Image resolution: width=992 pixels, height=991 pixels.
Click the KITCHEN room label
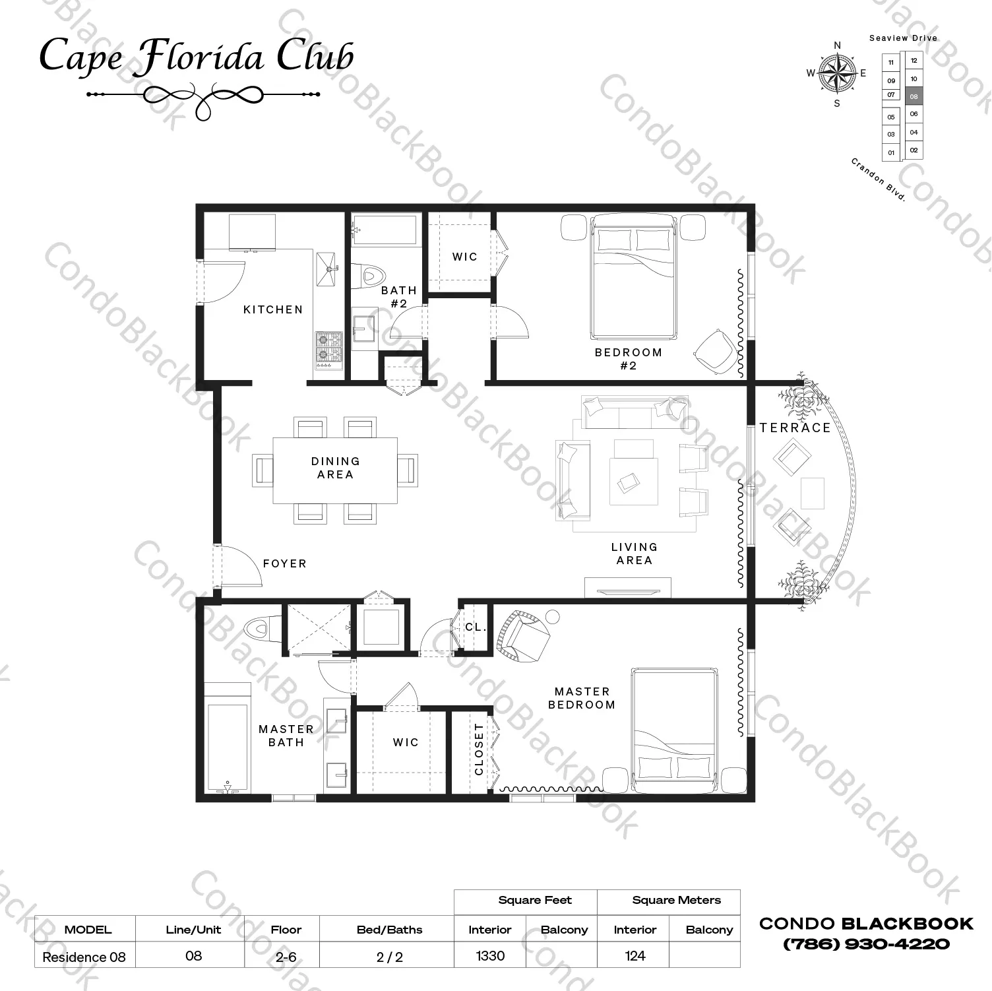click(273, 309)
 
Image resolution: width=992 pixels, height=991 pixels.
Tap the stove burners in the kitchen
click(328, 349)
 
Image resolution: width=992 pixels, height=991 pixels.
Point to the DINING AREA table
click(336, 470)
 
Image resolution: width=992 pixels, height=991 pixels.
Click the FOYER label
click(285, 563)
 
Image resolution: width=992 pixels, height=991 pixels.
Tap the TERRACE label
click(795, 428)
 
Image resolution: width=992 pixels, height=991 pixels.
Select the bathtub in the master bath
click(228, 746)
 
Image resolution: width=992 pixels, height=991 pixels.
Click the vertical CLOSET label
click(479, 750)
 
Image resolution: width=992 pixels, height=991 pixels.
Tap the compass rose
click(837, 73)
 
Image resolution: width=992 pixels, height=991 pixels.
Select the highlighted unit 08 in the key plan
click(914, 96)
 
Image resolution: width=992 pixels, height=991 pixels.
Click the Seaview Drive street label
click(903, 38)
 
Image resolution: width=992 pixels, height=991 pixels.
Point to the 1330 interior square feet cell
click(490, 955)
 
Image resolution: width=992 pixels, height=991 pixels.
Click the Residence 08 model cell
click(84, 957)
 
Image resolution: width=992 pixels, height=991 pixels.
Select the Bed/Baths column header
click(389, 930)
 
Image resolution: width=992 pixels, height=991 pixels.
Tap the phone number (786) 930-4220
click(866, 944)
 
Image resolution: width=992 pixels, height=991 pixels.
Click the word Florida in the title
click(201, 57)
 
